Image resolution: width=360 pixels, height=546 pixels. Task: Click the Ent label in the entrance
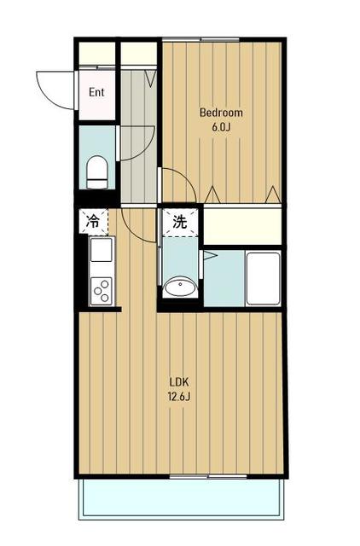(x=96, y=92)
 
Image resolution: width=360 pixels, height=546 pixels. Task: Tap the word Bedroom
(x=221, y=113)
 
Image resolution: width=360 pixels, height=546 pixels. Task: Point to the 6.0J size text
(x=221, y=127)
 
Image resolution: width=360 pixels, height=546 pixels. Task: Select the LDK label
(x=179, y=382)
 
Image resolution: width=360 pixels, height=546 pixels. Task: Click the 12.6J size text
(x=179, y=397)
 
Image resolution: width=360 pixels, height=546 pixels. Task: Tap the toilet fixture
(x=96, y=172)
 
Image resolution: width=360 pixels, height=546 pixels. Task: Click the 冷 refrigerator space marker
(x=93, y=221)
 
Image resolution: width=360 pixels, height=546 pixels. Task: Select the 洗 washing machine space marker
(x=180, y=222)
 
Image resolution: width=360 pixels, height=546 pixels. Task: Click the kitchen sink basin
(x=102, y=250)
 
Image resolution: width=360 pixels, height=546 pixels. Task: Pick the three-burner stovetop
(x=102, y=291)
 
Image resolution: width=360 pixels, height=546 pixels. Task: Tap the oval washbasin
(x=180, y=287)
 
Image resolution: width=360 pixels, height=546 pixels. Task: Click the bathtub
(x=264, y=278)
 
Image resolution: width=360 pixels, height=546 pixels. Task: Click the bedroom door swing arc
(x=185, y=177)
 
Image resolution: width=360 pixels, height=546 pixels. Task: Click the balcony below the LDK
(x=181, y=498)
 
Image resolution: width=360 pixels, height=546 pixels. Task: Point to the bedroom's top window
(x=200, y=39)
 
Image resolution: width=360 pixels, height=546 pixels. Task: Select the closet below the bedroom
(x=242, y=226)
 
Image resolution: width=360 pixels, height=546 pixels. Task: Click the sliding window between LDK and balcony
(x=208, y=476)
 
